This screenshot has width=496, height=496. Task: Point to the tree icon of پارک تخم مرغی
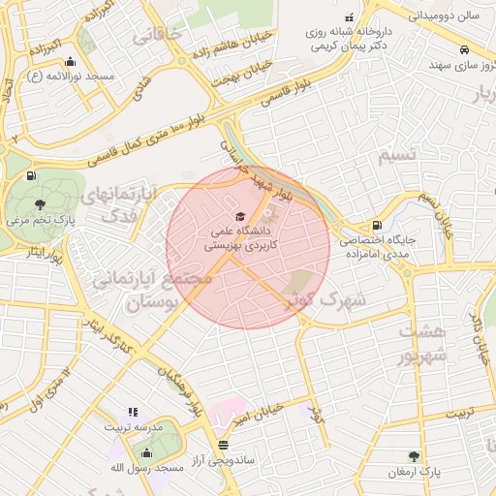[x=39, y=203]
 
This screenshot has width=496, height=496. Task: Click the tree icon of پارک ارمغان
[x=415, y=455]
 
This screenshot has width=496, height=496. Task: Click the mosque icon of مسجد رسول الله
[x=146, y=452]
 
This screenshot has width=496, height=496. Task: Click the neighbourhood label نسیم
[x=399, y=154]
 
